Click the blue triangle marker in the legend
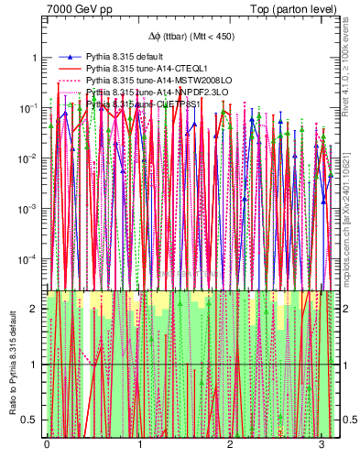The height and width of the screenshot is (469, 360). pos(70,57)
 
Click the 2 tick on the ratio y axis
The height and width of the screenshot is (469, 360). pos(36,309)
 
